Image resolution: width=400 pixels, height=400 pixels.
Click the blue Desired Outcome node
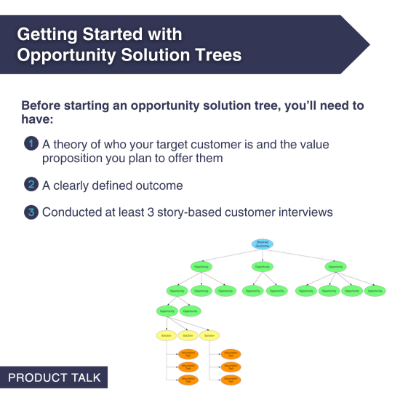click(x=263, y=244)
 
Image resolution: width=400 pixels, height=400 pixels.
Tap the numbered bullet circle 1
click(x=31, y=143)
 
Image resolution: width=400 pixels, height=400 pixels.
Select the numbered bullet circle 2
click(x=31, y=184)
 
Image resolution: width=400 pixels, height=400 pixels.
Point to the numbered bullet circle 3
click(x=31, y=212)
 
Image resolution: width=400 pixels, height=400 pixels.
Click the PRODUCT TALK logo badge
click(x=54, y=378)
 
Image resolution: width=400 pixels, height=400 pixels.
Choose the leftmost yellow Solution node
click(x=167, y=335)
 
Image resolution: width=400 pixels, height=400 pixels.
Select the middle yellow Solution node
click(x=188, y=335)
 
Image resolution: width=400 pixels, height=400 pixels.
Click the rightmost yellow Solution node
click(x=209, y=335)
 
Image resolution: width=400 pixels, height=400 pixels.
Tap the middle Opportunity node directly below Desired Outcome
click(x=263, y=267)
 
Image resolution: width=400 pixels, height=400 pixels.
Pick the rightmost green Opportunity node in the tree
click(x=375, y=291)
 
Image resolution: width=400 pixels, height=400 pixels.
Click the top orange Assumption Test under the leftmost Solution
click(x=188, y=353)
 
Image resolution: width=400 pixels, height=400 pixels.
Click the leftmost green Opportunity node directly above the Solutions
click(x=167, y=311)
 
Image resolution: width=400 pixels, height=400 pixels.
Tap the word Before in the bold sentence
click(x=43, y=105)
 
